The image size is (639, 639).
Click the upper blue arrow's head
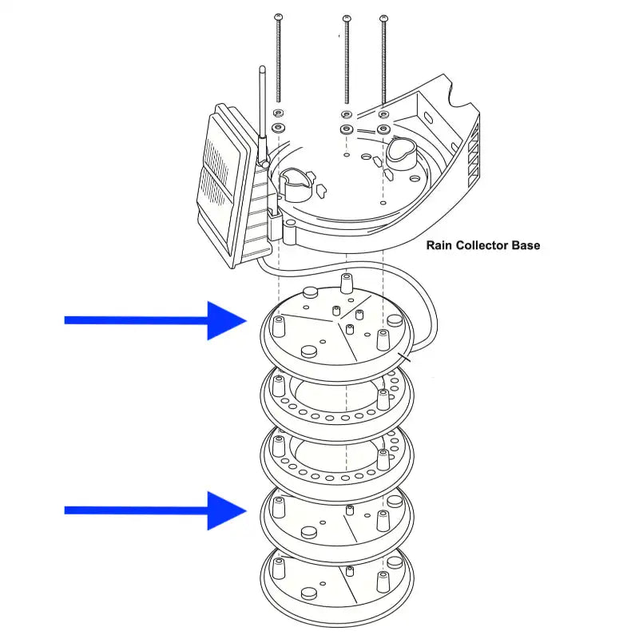point(228,320)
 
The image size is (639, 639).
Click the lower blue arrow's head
point(228,510)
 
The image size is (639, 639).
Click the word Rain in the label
point(439,245)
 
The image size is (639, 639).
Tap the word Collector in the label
point(483,245)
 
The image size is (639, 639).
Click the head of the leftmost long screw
point(278,18)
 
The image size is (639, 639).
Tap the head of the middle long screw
point(346,18)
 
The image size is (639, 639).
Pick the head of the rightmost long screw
point(383,18)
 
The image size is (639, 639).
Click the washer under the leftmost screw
point(279,128)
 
